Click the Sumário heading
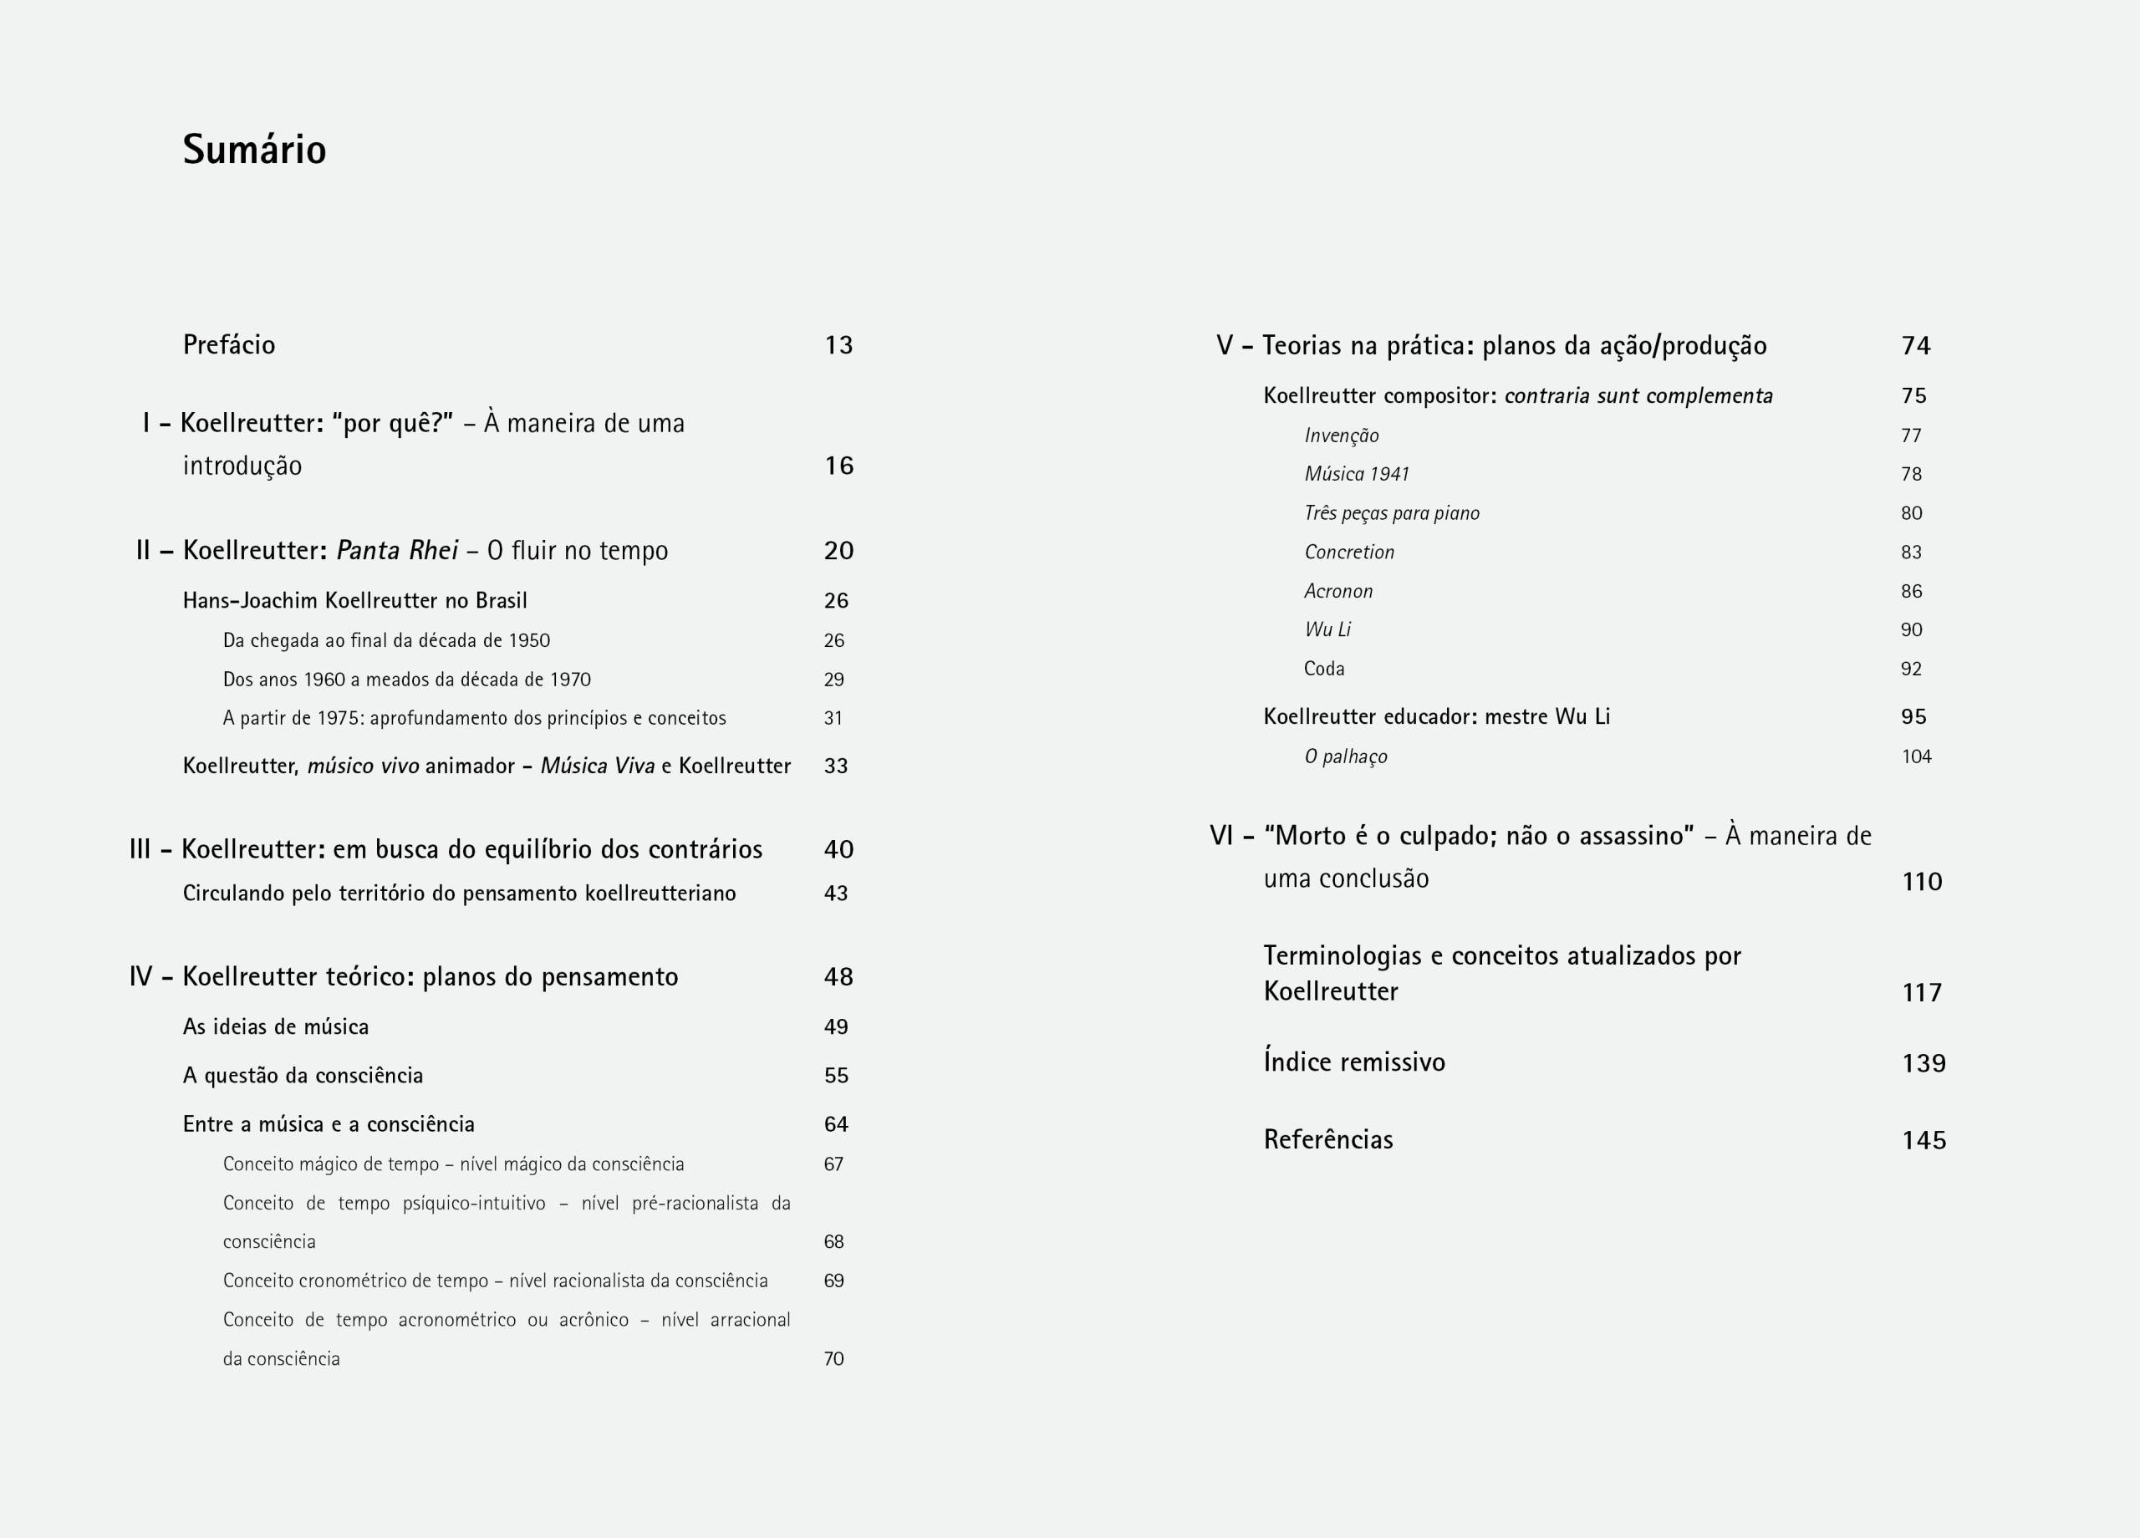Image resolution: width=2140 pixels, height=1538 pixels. (254, 150)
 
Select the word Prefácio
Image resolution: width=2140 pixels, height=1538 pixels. (229, 345)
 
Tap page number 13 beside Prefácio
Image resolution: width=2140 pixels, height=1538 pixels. (838, 345)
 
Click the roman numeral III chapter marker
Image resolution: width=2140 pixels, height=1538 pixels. (140, 849)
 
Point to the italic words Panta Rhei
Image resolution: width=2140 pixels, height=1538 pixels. (397, 550)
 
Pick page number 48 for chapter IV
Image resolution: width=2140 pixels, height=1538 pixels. (838, 976)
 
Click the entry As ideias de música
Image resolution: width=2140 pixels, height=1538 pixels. (276, 1026)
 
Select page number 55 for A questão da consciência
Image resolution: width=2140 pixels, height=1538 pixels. (835, 1076)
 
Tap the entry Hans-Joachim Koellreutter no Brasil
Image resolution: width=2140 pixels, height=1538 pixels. (354, 601)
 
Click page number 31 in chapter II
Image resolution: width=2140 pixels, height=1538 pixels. (833, 718)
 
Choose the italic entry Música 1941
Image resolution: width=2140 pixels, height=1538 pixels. (1356, 475)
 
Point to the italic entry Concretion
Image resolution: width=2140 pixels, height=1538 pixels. (1348, 552)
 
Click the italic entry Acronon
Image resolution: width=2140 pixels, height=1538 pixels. (1338, 592)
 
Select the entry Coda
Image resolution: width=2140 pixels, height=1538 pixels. (1324, 669)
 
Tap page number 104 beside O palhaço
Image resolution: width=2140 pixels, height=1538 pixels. (1915, 756)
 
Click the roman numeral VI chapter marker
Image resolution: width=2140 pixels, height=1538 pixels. (1221, 836)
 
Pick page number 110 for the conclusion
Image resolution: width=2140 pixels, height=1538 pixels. (1921, 882)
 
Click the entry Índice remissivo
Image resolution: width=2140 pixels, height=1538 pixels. (1354, 1062)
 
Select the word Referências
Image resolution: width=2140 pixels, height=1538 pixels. (1327, 1140)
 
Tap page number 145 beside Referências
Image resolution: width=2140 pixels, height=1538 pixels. (1923, 1141)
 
